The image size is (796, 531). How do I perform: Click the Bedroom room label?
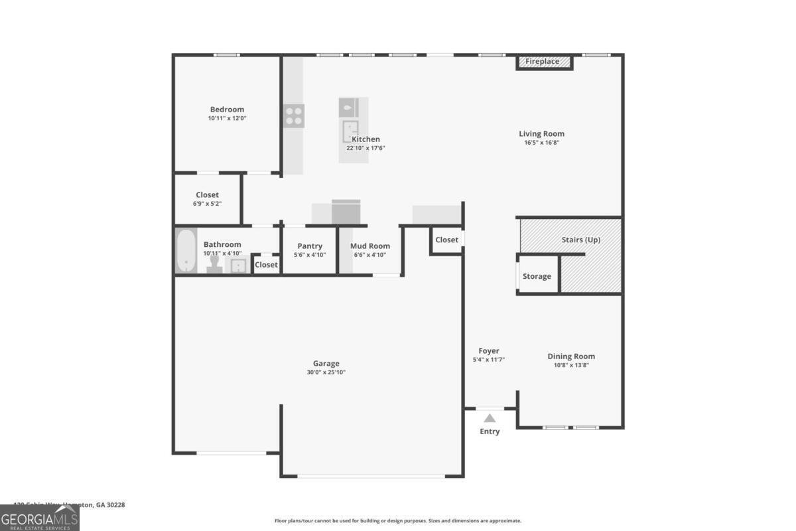[x=227, y=110]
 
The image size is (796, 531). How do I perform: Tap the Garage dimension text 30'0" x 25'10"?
[x=326, y=372]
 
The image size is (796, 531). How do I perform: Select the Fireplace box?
[x=543, y=62]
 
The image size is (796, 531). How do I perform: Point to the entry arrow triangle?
[x=490, y=418]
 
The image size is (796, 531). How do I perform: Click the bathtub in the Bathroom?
[x=186, y=251]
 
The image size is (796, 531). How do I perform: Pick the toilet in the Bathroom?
[x=214, y=265]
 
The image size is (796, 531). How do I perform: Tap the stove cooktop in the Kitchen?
[x=295, y=116]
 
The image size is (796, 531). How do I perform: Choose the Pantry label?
[x=310, y=246]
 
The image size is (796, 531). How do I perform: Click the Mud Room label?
[x=370, y=246]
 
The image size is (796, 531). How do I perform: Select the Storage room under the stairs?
[x=537, y=276]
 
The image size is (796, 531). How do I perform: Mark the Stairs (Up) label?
[x=580, y=240]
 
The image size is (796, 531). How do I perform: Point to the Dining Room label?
[x=571, y=356]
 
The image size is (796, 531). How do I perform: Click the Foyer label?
[x=489, y=351]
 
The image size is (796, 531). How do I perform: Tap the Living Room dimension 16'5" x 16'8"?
[x=541, y=142]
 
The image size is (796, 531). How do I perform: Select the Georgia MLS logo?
[x=40, y=518]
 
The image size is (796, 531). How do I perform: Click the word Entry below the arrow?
[x=490, y=431]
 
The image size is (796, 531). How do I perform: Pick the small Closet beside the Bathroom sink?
[x=266, y=264]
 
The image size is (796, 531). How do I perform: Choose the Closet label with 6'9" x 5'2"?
[x=207, y=195]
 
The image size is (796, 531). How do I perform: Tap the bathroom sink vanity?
[x=237, y=265]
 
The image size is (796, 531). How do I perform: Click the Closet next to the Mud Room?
[x=446, y=240]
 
